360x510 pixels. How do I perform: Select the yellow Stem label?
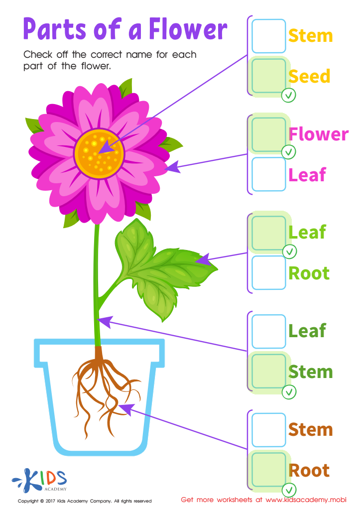pyautogui.click(x=310, y=36)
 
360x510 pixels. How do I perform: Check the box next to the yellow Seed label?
pyautogui.click(x=269, y=76)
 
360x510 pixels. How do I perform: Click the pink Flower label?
pyautogui.click(x=319, y=134)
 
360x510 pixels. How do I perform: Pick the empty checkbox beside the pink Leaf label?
pyautogui.click(x=269, y=174)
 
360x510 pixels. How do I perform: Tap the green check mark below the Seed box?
pyautogui.click(x=289, y=95)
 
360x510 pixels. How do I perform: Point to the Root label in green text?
pyautogui.click(x=309, y=273)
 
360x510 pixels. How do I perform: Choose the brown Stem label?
pyautogui.click(x=310, y=429)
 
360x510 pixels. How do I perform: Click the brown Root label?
pyautogui.click(x=309, y=470)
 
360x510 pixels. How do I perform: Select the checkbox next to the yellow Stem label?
pyautogui.click(x=269, y=36)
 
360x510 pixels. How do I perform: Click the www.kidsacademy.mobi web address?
pyautogui.click(x=305, y=499)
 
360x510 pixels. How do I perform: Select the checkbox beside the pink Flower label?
pyautogui.click(x=269, y=134)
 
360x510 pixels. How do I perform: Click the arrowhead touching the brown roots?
pyautogui.click(x=125, y=409)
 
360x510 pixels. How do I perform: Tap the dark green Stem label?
pyautogui.click(x=310, y=372)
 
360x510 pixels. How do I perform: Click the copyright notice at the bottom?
pyautogui.click(x=85, y=501)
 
